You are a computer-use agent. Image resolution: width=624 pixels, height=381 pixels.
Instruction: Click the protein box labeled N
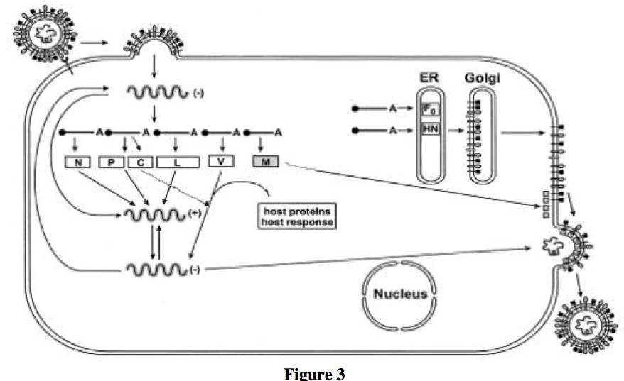click(x=79, y=162)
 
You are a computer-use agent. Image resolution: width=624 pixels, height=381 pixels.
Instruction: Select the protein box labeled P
click(x=112, y=162)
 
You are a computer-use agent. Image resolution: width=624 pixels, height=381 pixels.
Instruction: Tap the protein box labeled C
click(x=140, y=162)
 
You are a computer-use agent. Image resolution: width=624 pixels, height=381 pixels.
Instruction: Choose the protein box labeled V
click(x=221, y=161)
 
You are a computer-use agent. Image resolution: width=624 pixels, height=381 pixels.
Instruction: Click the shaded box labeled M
click(x=266, y=161)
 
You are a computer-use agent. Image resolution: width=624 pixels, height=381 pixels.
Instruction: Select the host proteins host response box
click(x=298, y=216)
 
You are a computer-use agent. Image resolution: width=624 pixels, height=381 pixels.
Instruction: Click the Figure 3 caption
click(x=312, y=373)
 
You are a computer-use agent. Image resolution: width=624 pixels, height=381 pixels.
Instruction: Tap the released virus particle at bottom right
click(x=587, y=325)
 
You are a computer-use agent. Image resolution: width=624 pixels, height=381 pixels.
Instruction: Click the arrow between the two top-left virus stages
click(x=94, y=42)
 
